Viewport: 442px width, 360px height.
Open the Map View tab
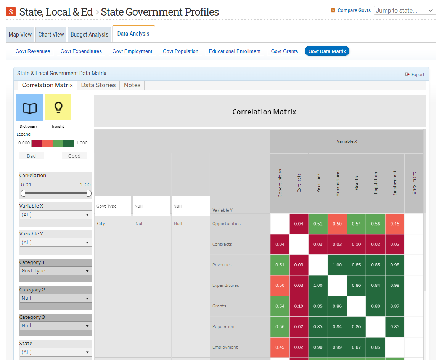[20, 34]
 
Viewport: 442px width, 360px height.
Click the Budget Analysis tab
[89, 34]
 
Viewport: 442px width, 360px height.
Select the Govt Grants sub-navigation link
[284, 51]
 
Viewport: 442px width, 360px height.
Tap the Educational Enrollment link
[235, 51]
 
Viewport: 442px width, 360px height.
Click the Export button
[415, 74]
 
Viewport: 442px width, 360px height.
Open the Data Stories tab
[98, 85]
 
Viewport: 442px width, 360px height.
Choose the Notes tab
[132, 85]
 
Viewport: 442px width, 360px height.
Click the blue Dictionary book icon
[29, 108]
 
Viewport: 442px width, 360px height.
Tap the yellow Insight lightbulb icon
[58, 108]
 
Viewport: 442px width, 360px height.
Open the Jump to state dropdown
[405, 10]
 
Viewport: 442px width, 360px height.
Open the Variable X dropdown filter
[56, 214]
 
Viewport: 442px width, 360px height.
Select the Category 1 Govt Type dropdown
[56, 271]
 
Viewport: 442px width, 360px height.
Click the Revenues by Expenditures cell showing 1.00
[338, 265]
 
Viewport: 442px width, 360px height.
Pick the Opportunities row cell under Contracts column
[299, 224]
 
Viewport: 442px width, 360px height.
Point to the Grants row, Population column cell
[376, 306]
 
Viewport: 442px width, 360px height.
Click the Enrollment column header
[414, 183]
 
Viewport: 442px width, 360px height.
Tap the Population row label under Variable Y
[223, 326]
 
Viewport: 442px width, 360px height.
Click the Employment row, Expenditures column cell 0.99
[338, 347]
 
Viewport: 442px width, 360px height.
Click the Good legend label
[74, 156]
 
